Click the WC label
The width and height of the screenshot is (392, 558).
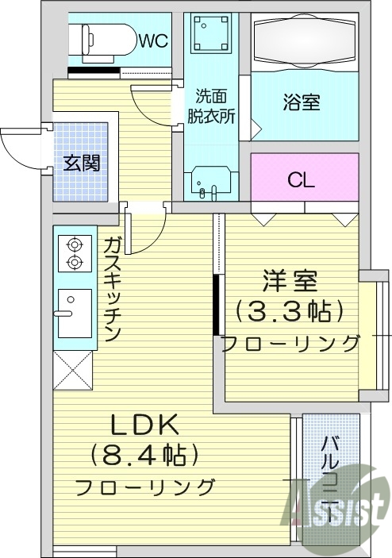click(x=154, y=41)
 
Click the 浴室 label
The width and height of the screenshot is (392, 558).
click(x=302, y=102)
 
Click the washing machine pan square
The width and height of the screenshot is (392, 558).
click(x=210, y=37)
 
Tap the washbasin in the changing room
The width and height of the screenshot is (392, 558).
click(x=210, y=183)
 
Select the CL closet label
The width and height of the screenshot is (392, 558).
click(x=302, y=180)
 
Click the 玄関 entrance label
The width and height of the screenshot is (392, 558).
click(x=82, y=164)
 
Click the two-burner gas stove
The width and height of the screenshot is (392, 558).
click(x=74, y=253)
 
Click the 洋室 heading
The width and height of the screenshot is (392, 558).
click(x=290, y=281)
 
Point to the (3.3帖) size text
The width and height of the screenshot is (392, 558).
click(x=290, y=310)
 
